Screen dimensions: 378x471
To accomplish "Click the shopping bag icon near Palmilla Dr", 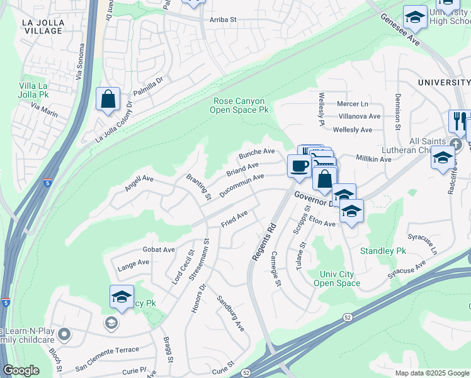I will [x=108, y=100].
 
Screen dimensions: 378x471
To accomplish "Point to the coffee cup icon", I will [x=298, y=166].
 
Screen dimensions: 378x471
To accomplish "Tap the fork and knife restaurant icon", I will [x=459, y=121].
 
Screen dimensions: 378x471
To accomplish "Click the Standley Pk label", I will [x=383, y=251].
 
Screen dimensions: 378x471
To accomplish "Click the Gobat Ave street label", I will [x=159, y=249].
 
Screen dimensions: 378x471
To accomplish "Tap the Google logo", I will [x=21, y=370].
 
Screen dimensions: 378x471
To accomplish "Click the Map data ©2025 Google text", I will [x=432, y=373].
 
